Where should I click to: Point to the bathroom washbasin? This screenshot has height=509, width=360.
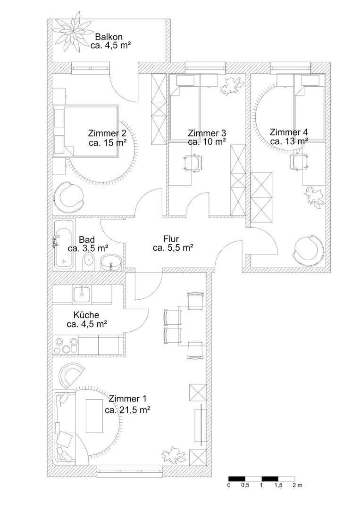click(111, 263)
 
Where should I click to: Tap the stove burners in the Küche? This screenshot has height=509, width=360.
click(66, 345)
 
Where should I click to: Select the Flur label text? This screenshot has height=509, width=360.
click(171, 239)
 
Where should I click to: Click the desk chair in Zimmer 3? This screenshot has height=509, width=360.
click(193, 162)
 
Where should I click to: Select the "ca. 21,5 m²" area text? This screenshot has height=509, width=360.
click(127, 410)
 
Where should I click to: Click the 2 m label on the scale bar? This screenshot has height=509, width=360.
click(297, 485)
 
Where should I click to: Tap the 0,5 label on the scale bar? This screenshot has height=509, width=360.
click(245, 485)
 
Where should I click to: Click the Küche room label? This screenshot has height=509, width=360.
click(86, 315)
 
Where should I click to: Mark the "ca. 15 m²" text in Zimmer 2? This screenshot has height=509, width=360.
click(108, 142)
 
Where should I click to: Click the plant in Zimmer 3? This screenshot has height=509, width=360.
click(232, 86)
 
